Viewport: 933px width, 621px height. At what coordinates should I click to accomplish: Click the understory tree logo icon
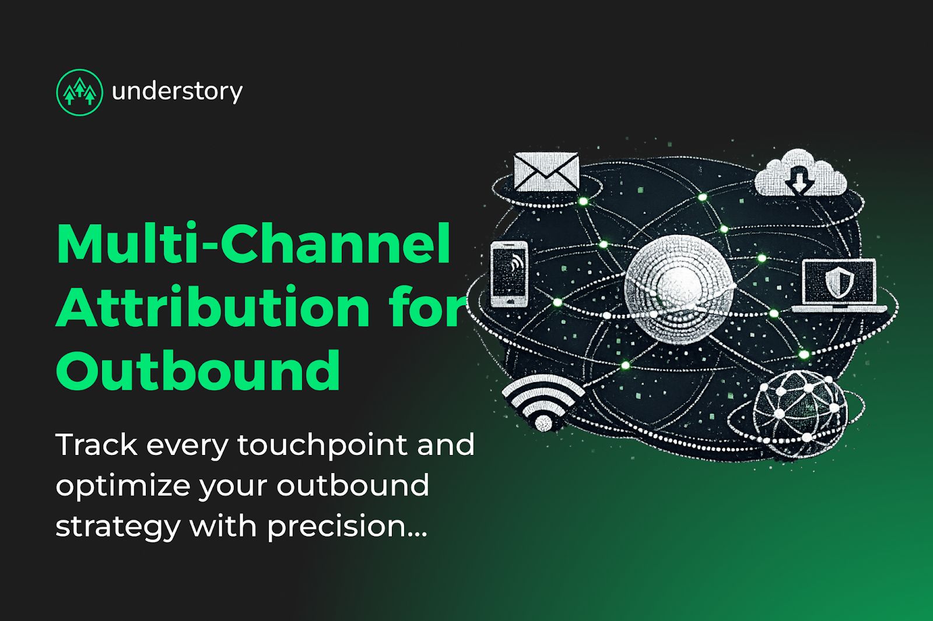point(79,92)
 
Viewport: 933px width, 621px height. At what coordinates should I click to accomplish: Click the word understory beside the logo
point(177,91)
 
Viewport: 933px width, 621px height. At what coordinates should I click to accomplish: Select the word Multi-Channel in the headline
point(254,244)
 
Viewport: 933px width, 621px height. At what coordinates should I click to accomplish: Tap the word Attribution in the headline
point(213,307)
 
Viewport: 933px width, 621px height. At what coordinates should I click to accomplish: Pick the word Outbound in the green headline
point(198,370)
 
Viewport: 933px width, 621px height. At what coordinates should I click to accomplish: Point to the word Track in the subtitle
point(96,445)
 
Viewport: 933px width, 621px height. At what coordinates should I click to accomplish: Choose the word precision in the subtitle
point(336,527)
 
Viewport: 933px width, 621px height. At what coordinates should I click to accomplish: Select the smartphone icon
point(509,273)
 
